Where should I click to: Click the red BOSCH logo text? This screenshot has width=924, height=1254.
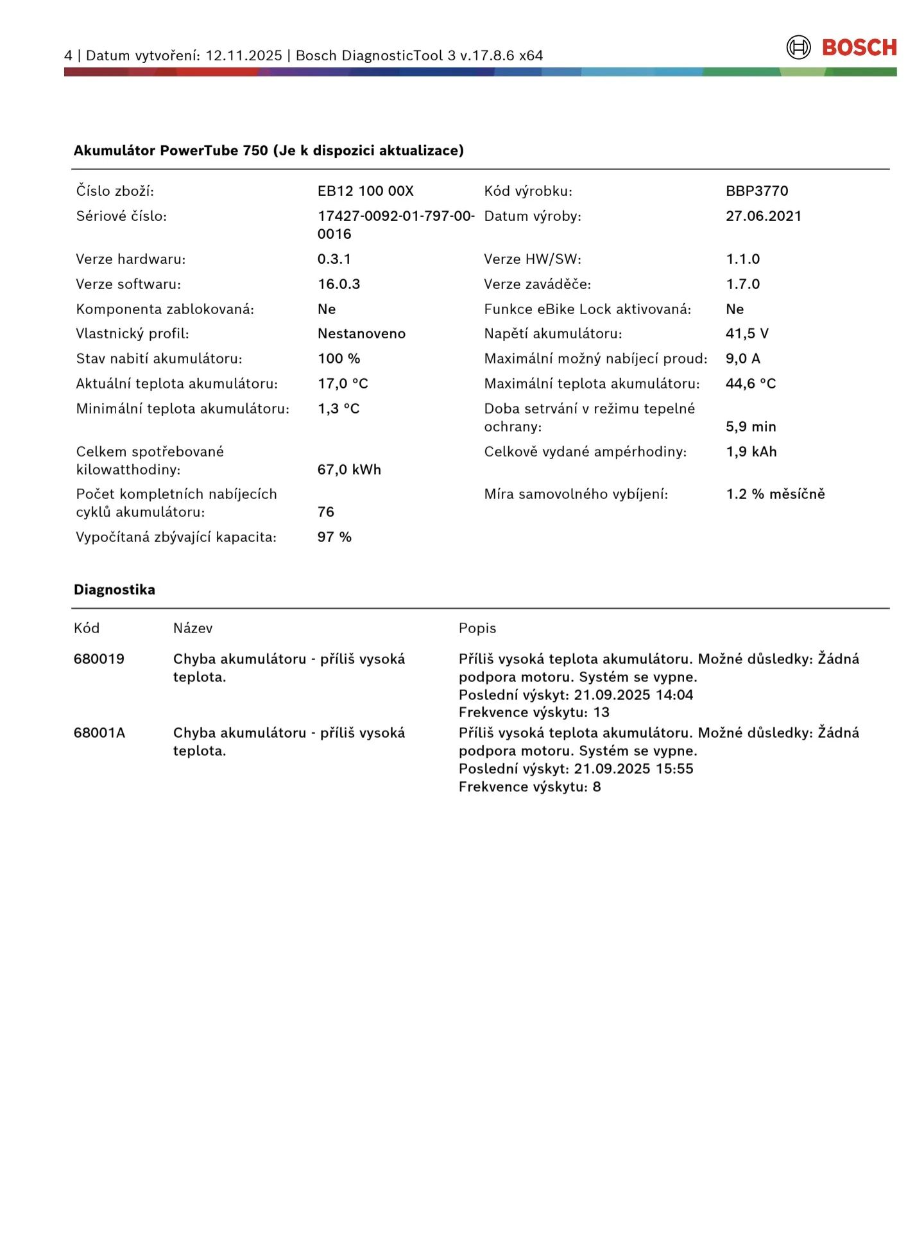pos(859,48)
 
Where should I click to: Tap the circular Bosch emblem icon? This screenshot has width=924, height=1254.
pos(798,48)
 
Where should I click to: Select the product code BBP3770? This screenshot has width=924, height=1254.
pos(757,191)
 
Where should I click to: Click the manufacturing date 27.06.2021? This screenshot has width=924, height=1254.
pos(763,216)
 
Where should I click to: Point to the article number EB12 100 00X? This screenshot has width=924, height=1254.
pos(365,191)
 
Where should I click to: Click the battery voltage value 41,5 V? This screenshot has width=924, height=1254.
pos(747,333)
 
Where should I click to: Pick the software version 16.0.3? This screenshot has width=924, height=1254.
pos(339,284)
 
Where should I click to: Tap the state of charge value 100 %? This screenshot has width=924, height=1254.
pos(339,358)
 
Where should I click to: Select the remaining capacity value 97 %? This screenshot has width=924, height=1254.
pos(334,537)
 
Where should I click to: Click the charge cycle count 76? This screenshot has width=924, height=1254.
pos(326,512)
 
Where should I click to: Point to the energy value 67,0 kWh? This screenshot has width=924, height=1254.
pos(349,469)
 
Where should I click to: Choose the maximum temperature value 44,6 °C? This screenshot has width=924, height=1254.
pos(751,383)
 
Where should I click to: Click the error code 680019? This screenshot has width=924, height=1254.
pos(99,659)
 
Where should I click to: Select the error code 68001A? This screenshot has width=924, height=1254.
pos(99,733)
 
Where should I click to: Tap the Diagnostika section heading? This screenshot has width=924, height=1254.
pos(114,589)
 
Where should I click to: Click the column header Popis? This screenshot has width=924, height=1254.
pos(477,628)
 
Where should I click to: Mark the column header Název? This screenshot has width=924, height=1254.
pos(193,628)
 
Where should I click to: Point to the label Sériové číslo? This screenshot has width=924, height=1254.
pos(121,216)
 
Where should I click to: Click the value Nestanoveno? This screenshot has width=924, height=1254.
pos(361,333)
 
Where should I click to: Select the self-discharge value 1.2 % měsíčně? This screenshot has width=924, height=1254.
pos(775,494)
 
